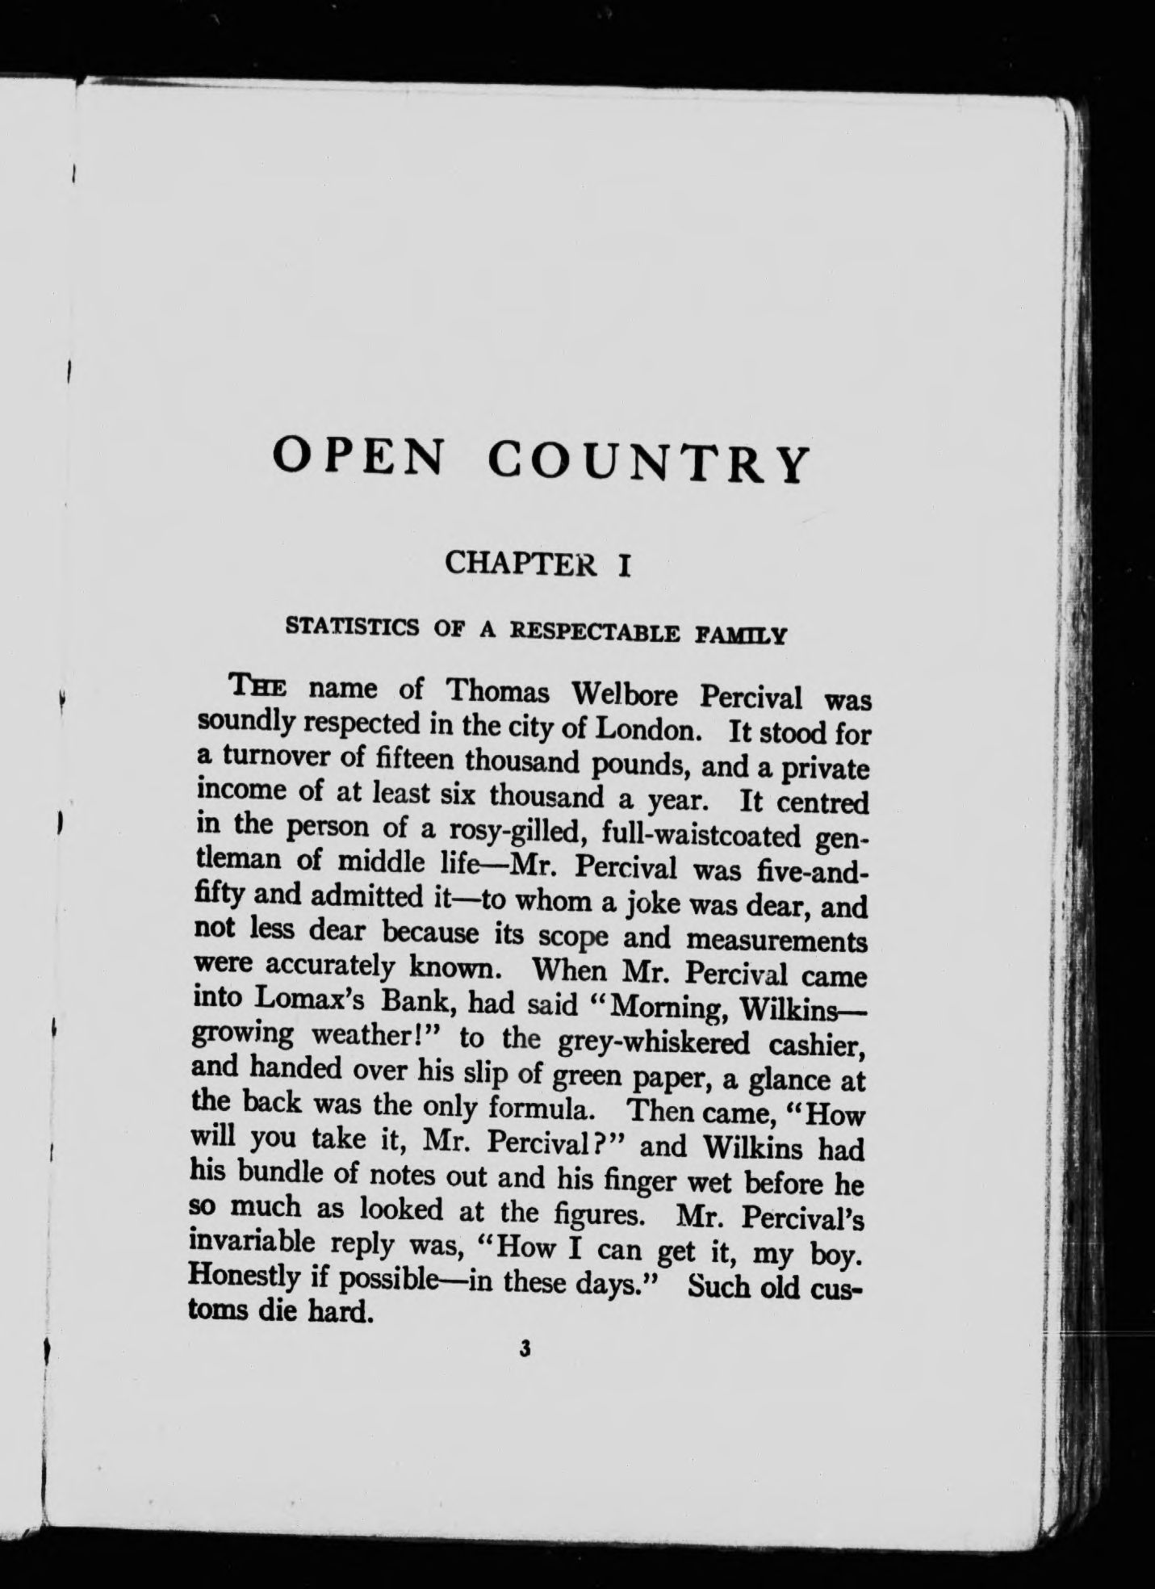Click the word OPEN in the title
click(358, 456)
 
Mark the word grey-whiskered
click(654, 1042)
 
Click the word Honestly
click(237, 1278)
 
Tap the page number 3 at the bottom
click(525, 1348)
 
